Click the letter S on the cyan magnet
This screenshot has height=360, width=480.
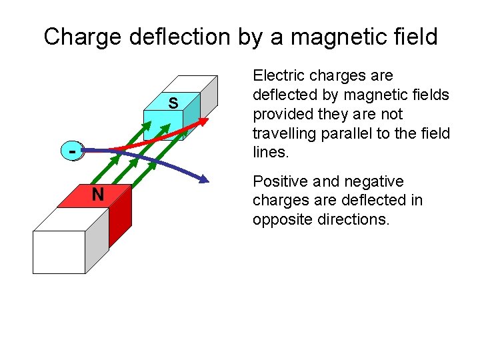click(x=173, y=103)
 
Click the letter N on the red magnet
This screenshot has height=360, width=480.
click(x=98, y=195)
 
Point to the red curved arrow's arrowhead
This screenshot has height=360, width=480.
click(x=203, y=121)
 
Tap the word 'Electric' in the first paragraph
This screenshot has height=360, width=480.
click(x=279, y=76)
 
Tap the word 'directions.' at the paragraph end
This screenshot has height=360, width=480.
click(x=355, y=219)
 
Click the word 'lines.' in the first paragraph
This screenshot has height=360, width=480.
click(x=271, y=153)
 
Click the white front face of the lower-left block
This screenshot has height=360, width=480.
click(x=59, y=252)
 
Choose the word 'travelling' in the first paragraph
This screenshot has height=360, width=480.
click(x=284, y=133)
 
